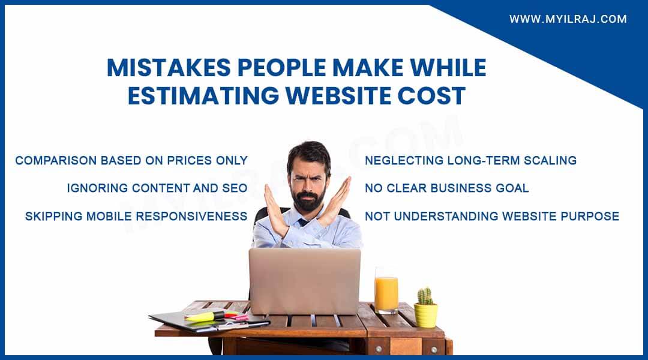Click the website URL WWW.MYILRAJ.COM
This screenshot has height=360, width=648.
tap(568, 19)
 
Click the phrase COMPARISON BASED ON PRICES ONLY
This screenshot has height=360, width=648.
tap(131, 160)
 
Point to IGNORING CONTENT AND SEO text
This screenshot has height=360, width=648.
tap(157, 188)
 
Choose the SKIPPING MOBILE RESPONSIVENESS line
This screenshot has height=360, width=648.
tap(136, 216)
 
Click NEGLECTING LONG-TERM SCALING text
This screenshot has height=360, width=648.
tap(471, 160)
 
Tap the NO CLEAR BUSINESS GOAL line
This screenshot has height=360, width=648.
tap(447, 188)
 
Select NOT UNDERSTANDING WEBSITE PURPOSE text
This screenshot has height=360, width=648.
tap(492, 216)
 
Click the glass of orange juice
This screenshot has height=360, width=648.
tap(386, 292)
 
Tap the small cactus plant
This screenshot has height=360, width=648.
tap(425, 296)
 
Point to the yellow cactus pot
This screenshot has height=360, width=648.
tap(425, 315)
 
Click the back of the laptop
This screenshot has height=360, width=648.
tap(305, 281)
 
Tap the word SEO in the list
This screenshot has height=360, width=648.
tap(235, 188)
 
